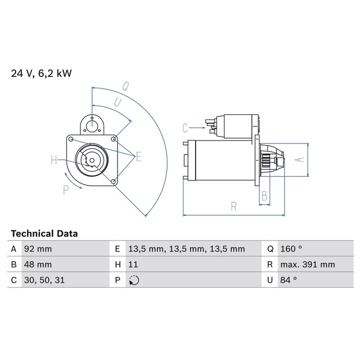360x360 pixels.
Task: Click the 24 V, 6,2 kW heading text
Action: point(41,73)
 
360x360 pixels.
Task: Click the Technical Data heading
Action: point(44,233)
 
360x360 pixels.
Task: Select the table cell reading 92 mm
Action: point(65,249)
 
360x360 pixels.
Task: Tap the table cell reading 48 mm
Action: point(65,264)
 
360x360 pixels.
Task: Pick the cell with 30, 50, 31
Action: point(65,280)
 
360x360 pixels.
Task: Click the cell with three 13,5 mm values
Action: point(193,249)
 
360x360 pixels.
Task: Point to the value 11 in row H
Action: point(133,264)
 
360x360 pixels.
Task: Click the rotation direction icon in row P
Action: point(134,280)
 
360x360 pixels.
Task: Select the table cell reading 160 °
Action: point(315,249)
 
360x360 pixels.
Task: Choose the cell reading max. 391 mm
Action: point(315,264)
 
